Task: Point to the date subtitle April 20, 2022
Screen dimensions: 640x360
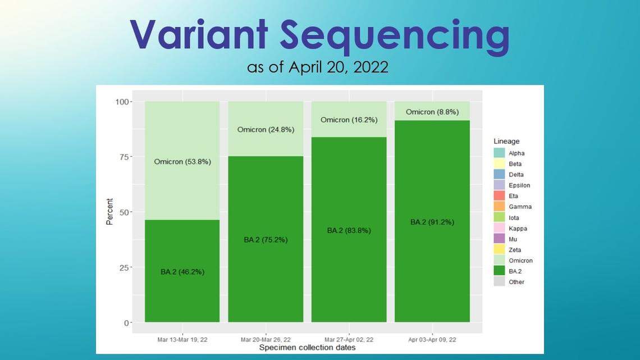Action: click(x=339, y=67)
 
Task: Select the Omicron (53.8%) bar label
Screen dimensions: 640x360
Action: click(x=182, y=162)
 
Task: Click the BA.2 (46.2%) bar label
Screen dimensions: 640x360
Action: click(x=182, y=272)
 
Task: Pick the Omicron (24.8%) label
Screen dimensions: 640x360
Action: click(x=266, y=130)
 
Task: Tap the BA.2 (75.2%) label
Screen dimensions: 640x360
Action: click(x=266, y=240)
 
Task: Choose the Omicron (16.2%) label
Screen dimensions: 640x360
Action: click(x=349, y=120)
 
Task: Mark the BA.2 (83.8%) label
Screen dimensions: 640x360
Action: click(x=349, y=231)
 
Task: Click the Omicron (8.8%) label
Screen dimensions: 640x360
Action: click(x=432, y=112)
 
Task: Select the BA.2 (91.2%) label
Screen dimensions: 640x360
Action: click(x=432, y=222)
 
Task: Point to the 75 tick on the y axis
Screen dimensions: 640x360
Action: click(x=124, y=157)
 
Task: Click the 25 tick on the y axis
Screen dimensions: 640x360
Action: click(x=124, y=268)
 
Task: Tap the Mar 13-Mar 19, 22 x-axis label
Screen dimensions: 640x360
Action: click(x=182, y=340)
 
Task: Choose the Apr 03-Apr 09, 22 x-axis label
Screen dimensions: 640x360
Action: click(x=432, y=340)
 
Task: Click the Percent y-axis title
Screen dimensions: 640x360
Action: click(x=109, y=211)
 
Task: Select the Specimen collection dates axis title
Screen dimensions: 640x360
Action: click(x=307, y=348)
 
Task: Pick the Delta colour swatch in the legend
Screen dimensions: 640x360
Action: click(x=499, y=174)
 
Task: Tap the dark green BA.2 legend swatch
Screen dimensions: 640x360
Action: click(x=499, y=271)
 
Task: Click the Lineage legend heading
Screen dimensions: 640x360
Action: click(x=506, y=141)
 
